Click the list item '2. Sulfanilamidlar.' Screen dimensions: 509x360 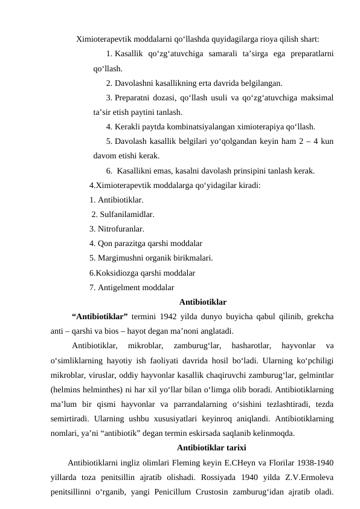click(123, 214)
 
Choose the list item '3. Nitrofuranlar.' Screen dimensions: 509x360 click(117, 229)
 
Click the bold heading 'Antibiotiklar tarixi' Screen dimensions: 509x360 click(211, 448)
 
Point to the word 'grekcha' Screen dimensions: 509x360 click(322, 316)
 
